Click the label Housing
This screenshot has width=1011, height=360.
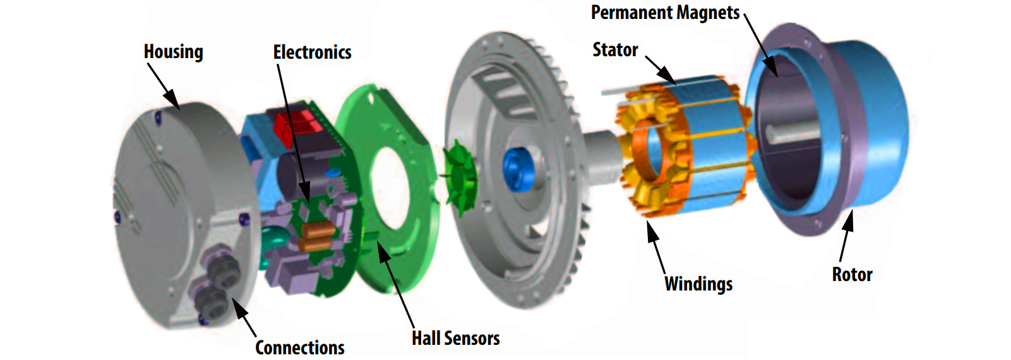(x=174, y=52)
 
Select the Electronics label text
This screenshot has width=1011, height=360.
(x=312, y=52)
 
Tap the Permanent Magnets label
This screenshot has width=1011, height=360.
(x=665, y=13)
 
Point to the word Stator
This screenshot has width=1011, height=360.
(x=615, y=50)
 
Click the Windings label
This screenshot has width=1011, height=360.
(x=698, y=284)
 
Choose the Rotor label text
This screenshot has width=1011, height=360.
(x=852, y=275)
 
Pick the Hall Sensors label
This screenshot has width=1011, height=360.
(x=455, y=339)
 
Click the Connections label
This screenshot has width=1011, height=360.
(x=300, y=347)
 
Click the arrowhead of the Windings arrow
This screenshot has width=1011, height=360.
(x=651, y=227)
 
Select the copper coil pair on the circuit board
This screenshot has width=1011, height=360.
(x=316, y=237)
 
